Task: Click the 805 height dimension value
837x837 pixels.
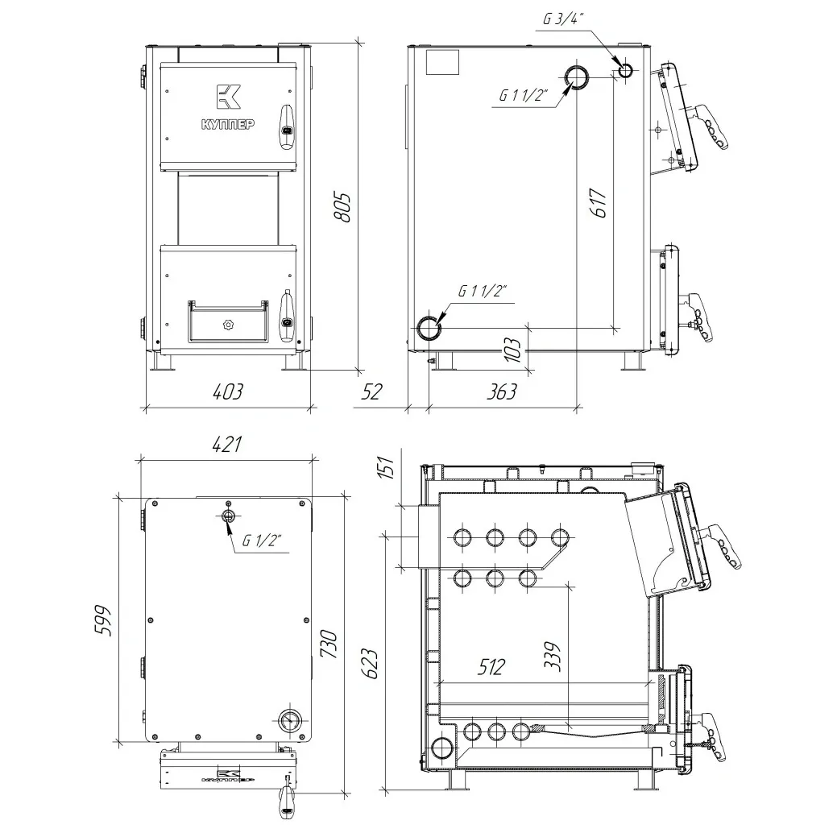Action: coord(342,208)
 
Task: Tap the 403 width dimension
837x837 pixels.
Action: coord(227,392)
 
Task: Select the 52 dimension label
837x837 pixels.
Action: coord(371,392)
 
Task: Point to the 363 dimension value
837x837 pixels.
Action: coord(502,392)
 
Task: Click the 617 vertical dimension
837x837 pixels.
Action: coord(599,203)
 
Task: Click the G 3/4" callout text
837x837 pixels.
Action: coord(563,19)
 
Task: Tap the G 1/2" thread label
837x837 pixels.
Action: coord(262,541)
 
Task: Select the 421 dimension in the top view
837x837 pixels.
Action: coord(227,444)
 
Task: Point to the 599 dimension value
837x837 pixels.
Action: coord(102,620)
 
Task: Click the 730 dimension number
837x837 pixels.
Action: coord(329,644)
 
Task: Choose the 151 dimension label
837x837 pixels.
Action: coord(385,466)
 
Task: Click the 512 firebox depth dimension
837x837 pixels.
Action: coord(491,667)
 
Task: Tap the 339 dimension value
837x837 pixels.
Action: coord(553,656)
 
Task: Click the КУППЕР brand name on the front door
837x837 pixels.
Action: coord(228,124)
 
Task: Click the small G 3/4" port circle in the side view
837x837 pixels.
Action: coord(625,70)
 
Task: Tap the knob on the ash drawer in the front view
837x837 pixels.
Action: coord(229,325)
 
